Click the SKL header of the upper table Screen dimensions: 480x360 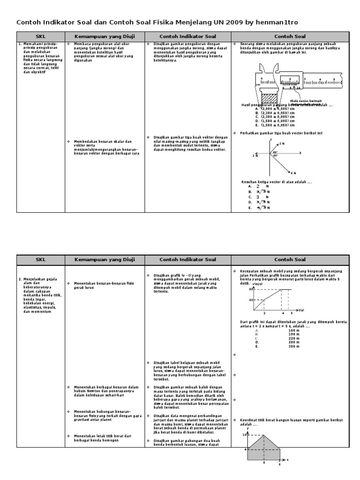click(x=41, y=36)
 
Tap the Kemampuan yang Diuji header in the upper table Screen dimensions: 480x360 click(x=105, y=36)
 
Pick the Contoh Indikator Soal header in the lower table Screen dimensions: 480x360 click(x=187, y=259)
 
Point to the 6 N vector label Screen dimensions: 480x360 click(x=293, y=173)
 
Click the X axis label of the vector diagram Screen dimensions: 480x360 click(x=300, y=153)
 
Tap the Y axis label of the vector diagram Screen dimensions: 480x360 click(x=271, y=140)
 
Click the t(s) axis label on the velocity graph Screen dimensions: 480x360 click(x=301, y=310)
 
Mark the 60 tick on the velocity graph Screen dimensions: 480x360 click(x=251, y=300)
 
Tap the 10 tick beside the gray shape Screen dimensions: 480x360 click(x=244, y=435)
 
